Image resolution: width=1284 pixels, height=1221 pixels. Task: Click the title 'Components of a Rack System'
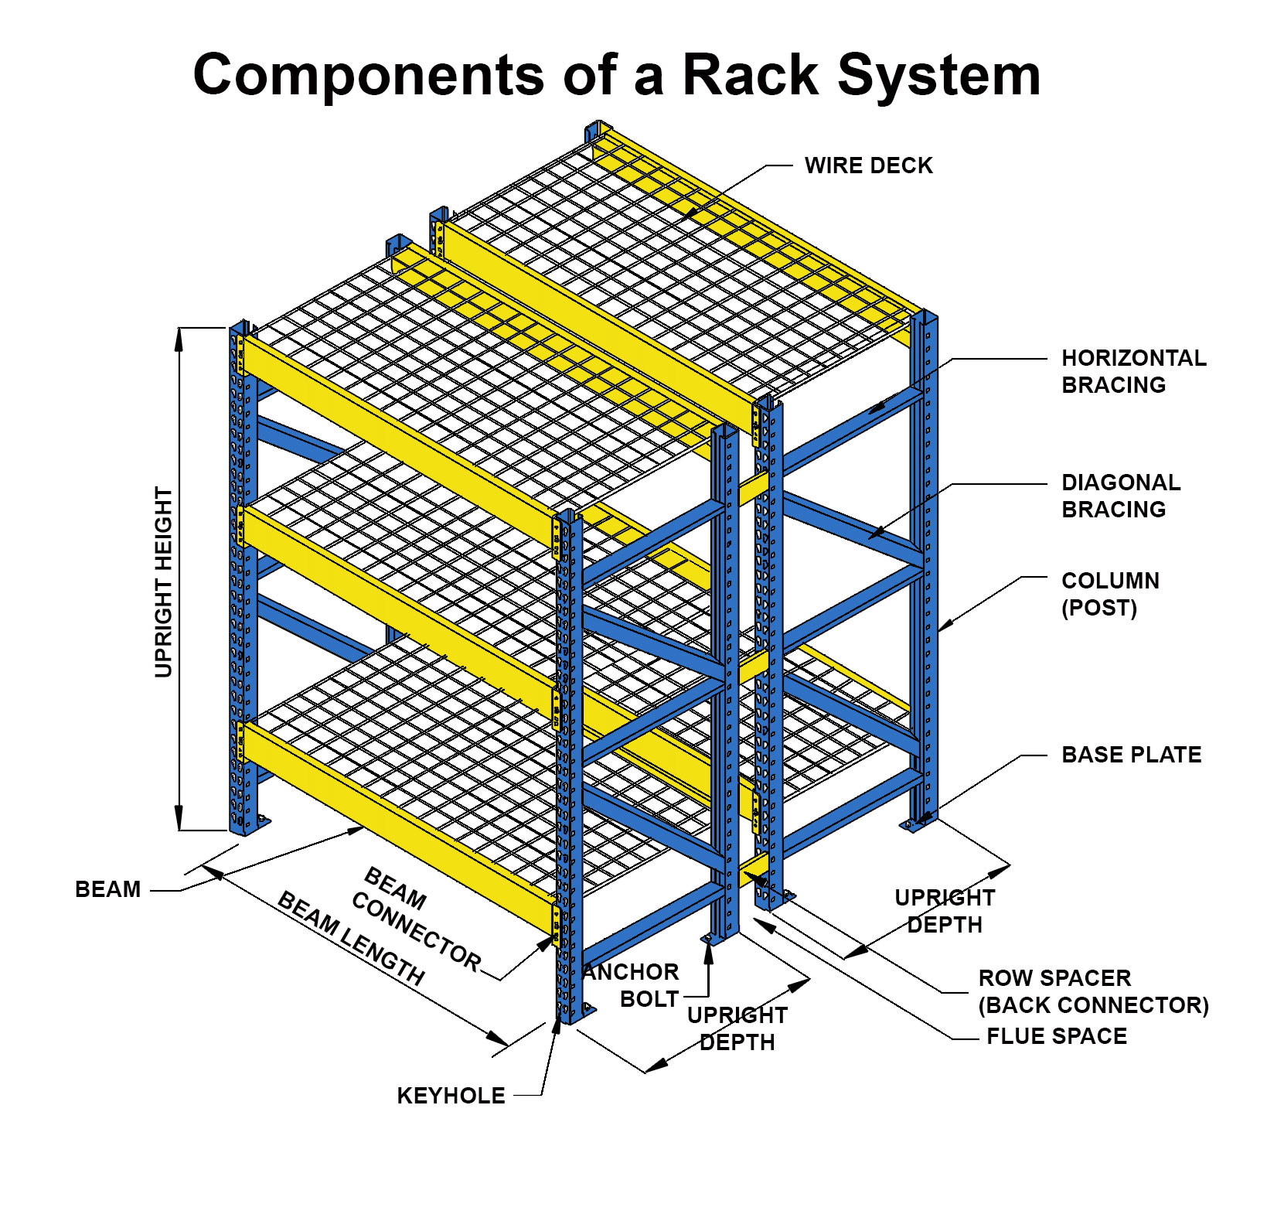tap(616, 75)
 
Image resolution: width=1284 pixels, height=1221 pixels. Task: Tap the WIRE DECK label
tap(868, 165)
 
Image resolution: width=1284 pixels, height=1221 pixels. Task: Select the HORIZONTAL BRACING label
tap(1132, 371)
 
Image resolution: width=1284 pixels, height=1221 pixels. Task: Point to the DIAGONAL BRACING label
tap(1120, 496)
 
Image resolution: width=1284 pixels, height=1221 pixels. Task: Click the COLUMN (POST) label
tap(1109, 594)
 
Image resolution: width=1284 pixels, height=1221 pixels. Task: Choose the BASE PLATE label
tap(1131, 755)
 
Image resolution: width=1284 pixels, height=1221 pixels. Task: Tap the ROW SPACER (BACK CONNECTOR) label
tap(1092, 991)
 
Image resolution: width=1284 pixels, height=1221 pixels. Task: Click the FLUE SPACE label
tap(1056, 1036)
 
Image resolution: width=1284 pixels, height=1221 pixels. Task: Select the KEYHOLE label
tap(451, 1096)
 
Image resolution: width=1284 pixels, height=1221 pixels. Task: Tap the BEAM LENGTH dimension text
tap(350, 938)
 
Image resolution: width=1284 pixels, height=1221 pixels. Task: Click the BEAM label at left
tap(107, 889)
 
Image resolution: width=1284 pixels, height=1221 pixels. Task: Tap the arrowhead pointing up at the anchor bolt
tap(708, 950)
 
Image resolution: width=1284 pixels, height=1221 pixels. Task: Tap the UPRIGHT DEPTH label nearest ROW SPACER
tap(944, 911)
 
